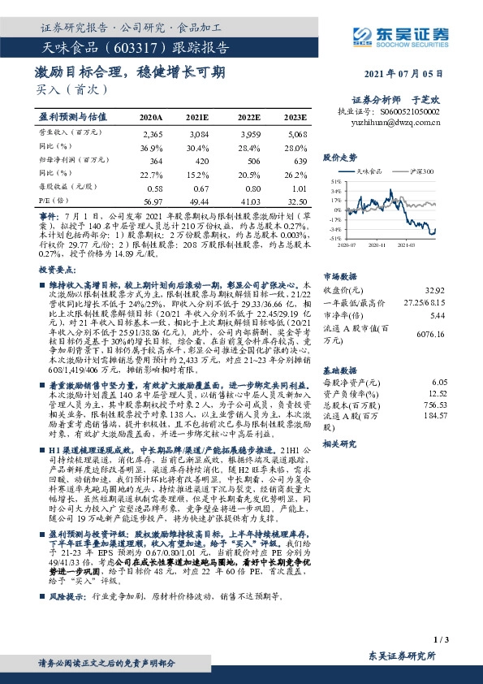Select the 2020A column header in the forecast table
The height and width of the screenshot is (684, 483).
click(151, 118)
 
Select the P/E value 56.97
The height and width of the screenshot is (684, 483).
click(152, 200)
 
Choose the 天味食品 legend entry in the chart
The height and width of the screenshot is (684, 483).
click(369, 172)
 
